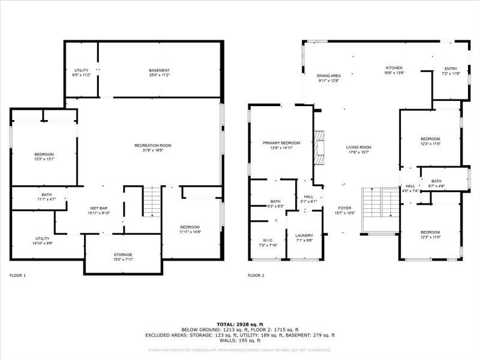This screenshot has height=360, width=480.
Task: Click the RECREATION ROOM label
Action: click(153, 145)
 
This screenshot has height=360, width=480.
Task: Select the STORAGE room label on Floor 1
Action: click(123, 254)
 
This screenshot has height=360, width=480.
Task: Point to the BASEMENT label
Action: click(159, 71)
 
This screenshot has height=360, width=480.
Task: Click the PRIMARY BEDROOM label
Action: click(281, 143)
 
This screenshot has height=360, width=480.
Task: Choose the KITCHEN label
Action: click(394, 68)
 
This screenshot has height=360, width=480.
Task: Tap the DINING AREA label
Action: click(329, 76)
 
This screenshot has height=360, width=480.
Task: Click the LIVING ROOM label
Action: click(359, 148)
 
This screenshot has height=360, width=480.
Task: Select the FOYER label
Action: click(344, 208)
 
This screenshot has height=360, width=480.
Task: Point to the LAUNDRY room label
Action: click(304, 236)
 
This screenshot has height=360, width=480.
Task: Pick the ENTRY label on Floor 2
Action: click(450, 69)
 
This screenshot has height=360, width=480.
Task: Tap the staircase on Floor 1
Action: click(152, 202)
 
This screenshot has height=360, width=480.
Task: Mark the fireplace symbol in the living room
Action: click(319, 147)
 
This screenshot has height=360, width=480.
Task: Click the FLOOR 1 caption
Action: click(18, 275)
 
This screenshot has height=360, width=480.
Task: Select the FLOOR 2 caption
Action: click(256, 275)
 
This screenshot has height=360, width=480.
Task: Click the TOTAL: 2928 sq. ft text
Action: click(239, 324)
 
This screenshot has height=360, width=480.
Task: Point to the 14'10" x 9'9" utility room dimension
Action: click(42, 242)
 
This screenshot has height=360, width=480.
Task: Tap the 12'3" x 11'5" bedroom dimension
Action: click(430, 143)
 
